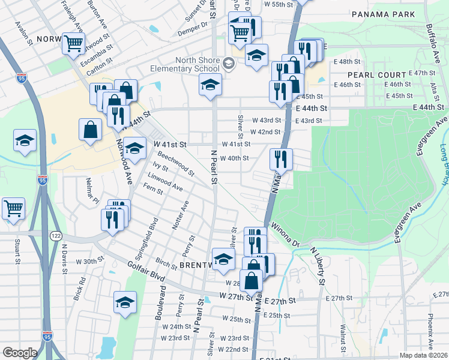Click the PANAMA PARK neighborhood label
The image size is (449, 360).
pyautogui.click(x=383, y=14)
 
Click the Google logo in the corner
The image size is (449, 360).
pyautogui.click(x=19, y=352)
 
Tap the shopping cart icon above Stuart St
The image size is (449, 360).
pyautogui.click(x=13, y=209)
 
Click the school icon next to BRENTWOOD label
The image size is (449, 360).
pyautogui.click(x=223, y=259)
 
